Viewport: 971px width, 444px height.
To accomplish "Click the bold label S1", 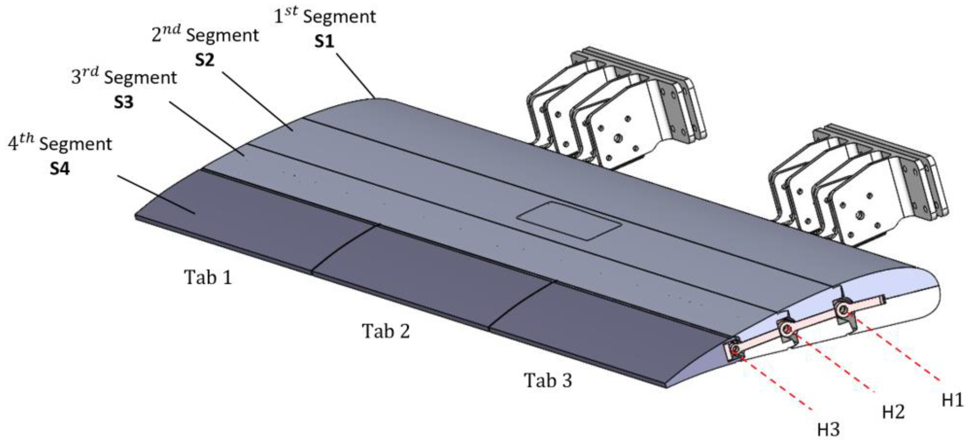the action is (x=325, y=41).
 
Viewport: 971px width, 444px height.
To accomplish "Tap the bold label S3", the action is (x=124, y=102).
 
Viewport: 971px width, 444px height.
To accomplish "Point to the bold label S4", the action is (x=60, y=169).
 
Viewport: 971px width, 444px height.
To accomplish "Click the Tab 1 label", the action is (x=208, y=278).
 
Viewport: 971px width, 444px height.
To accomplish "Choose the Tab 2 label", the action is (x=385, y=331).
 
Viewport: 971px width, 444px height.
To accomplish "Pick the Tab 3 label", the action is (x=548, y=380).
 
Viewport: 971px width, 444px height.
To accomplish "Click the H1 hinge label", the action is (x=953, y=400).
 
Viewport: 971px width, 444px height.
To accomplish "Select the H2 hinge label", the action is (x=893, y=412).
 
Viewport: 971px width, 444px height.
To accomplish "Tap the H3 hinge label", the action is (x=829, y=430).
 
